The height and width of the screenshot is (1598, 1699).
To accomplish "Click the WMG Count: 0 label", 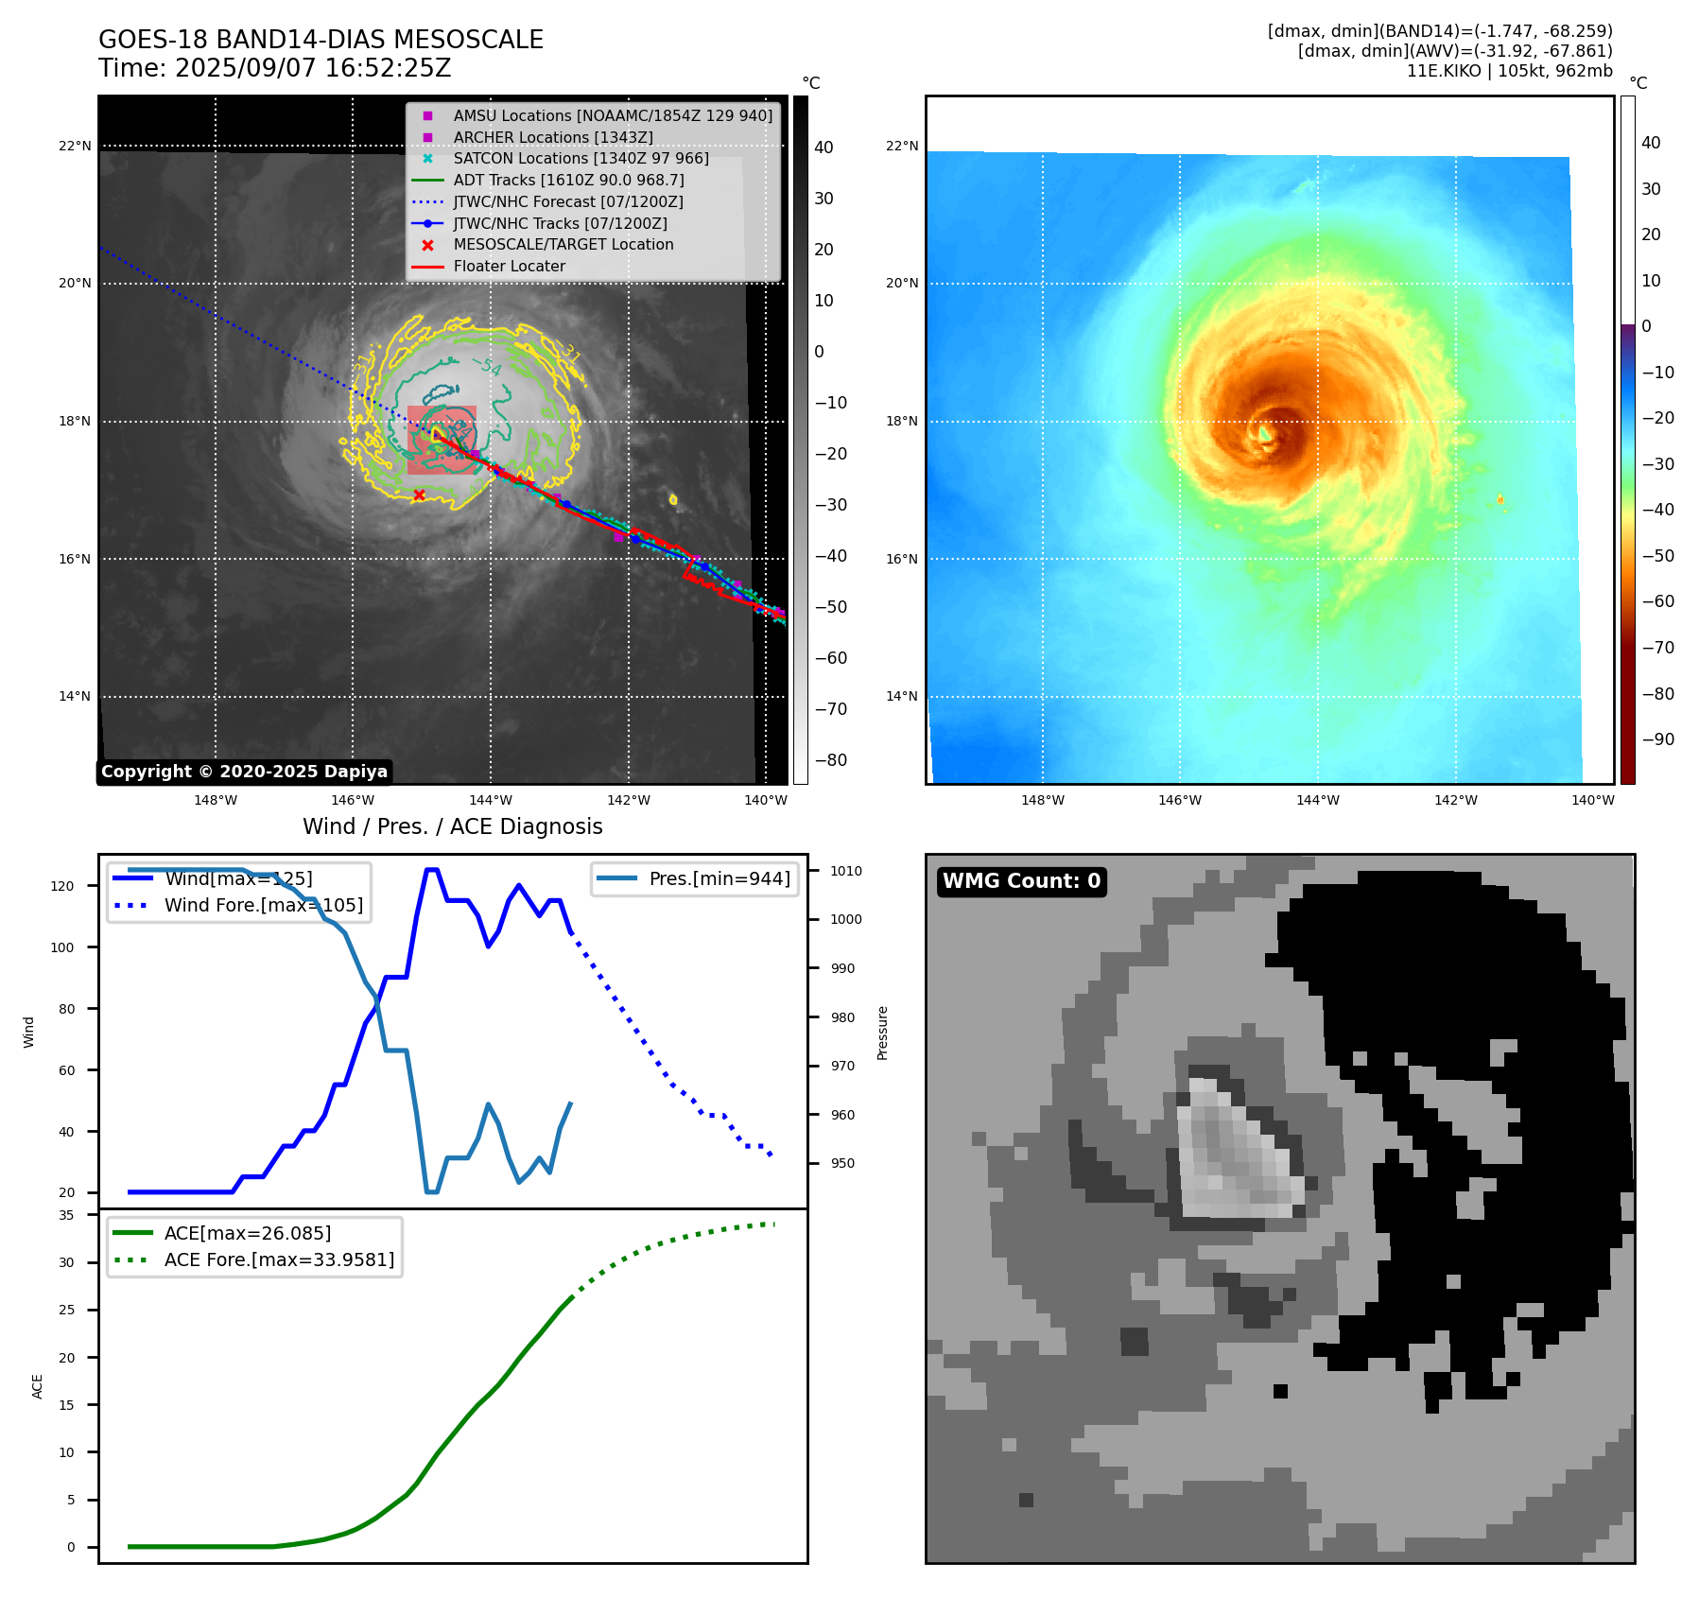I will [x=1021, y=881].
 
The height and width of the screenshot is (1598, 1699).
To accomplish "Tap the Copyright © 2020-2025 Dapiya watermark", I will [x=244, y=772].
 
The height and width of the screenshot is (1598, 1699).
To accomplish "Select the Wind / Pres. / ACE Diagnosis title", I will [x=452, y=826].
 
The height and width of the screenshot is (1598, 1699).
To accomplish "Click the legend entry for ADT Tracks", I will [x=568, y=180].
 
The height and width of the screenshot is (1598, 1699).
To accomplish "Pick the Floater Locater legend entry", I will [x=509, y=267].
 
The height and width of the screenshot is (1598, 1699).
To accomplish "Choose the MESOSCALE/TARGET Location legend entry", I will [x=563, y=245].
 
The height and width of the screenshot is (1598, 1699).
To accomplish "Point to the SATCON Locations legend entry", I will [x=581, y=159].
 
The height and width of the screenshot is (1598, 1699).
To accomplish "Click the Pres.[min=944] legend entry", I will [x=719, y=878].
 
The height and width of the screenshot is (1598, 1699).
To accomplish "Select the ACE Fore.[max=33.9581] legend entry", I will [x=279, y=1259].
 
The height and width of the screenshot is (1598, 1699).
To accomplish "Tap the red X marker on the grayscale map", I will [x=419, y=495].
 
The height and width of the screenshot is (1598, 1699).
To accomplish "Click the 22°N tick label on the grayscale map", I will [x=75, y=147].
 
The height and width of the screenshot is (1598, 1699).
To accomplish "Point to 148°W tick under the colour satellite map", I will [x=1042, y=800].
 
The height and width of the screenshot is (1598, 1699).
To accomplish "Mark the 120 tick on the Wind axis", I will [x=62, y=886].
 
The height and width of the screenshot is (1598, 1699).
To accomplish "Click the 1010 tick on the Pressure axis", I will [x=846, y=871].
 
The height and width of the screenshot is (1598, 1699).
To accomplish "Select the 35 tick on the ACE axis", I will [x=66, y=1215].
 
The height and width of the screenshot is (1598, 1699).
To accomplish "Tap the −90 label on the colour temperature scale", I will [x=1657, y=739].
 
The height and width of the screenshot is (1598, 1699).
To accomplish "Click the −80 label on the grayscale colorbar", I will [x=830, y=760].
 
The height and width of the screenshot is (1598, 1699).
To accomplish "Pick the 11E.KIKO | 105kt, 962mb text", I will [x=1509, y=71].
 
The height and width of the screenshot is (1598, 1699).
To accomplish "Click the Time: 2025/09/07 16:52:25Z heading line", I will [x=274, y=68].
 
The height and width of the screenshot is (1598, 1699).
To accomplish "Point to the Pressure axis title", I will [x=882, y=1033].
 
